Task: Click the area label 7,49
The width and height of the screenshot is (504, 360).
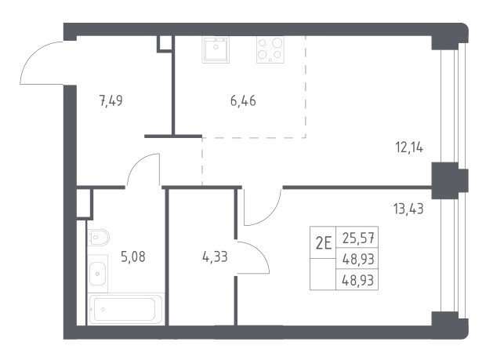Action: [x=111, y=101]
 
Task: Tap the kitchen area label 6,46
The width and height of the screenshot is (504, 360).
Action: [x=243, y=101]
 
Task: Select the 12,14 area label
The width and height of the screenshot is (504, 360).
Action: [x=409, y=147]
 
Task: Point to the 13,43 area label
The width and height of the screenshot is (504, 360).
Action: [x=408, y=209]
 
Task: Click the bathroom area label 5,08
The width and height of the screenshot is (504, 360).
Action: [x=133, y=256]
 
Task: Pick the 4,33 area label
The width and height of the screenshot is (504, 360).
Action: [x=215, y=256]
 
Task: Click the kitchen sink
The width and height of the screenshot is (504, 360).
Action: [x=216, y=49]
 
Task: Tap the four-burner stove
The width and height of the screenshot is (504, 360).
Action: [x=270, y=49]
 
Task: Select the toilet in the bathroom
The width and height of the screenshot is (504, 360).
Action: [x=98, y=238]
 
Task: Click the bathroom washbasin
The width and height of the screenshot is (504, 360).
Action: [x=97, y=274]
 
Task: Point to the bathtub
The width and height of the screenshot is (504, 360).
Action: [x=125, y=309]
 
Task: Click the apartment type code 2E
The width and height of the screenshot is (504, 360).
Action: [x=324, y=243]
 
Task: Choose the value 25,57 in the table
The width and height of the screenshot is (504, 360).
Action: [x=358, y=238]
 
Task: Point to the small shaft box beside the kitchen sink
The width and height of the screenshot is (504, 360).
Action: [x=165, y=43]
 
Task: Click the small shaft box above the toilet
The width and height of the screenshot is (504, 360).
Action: [x=84, y=204]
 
